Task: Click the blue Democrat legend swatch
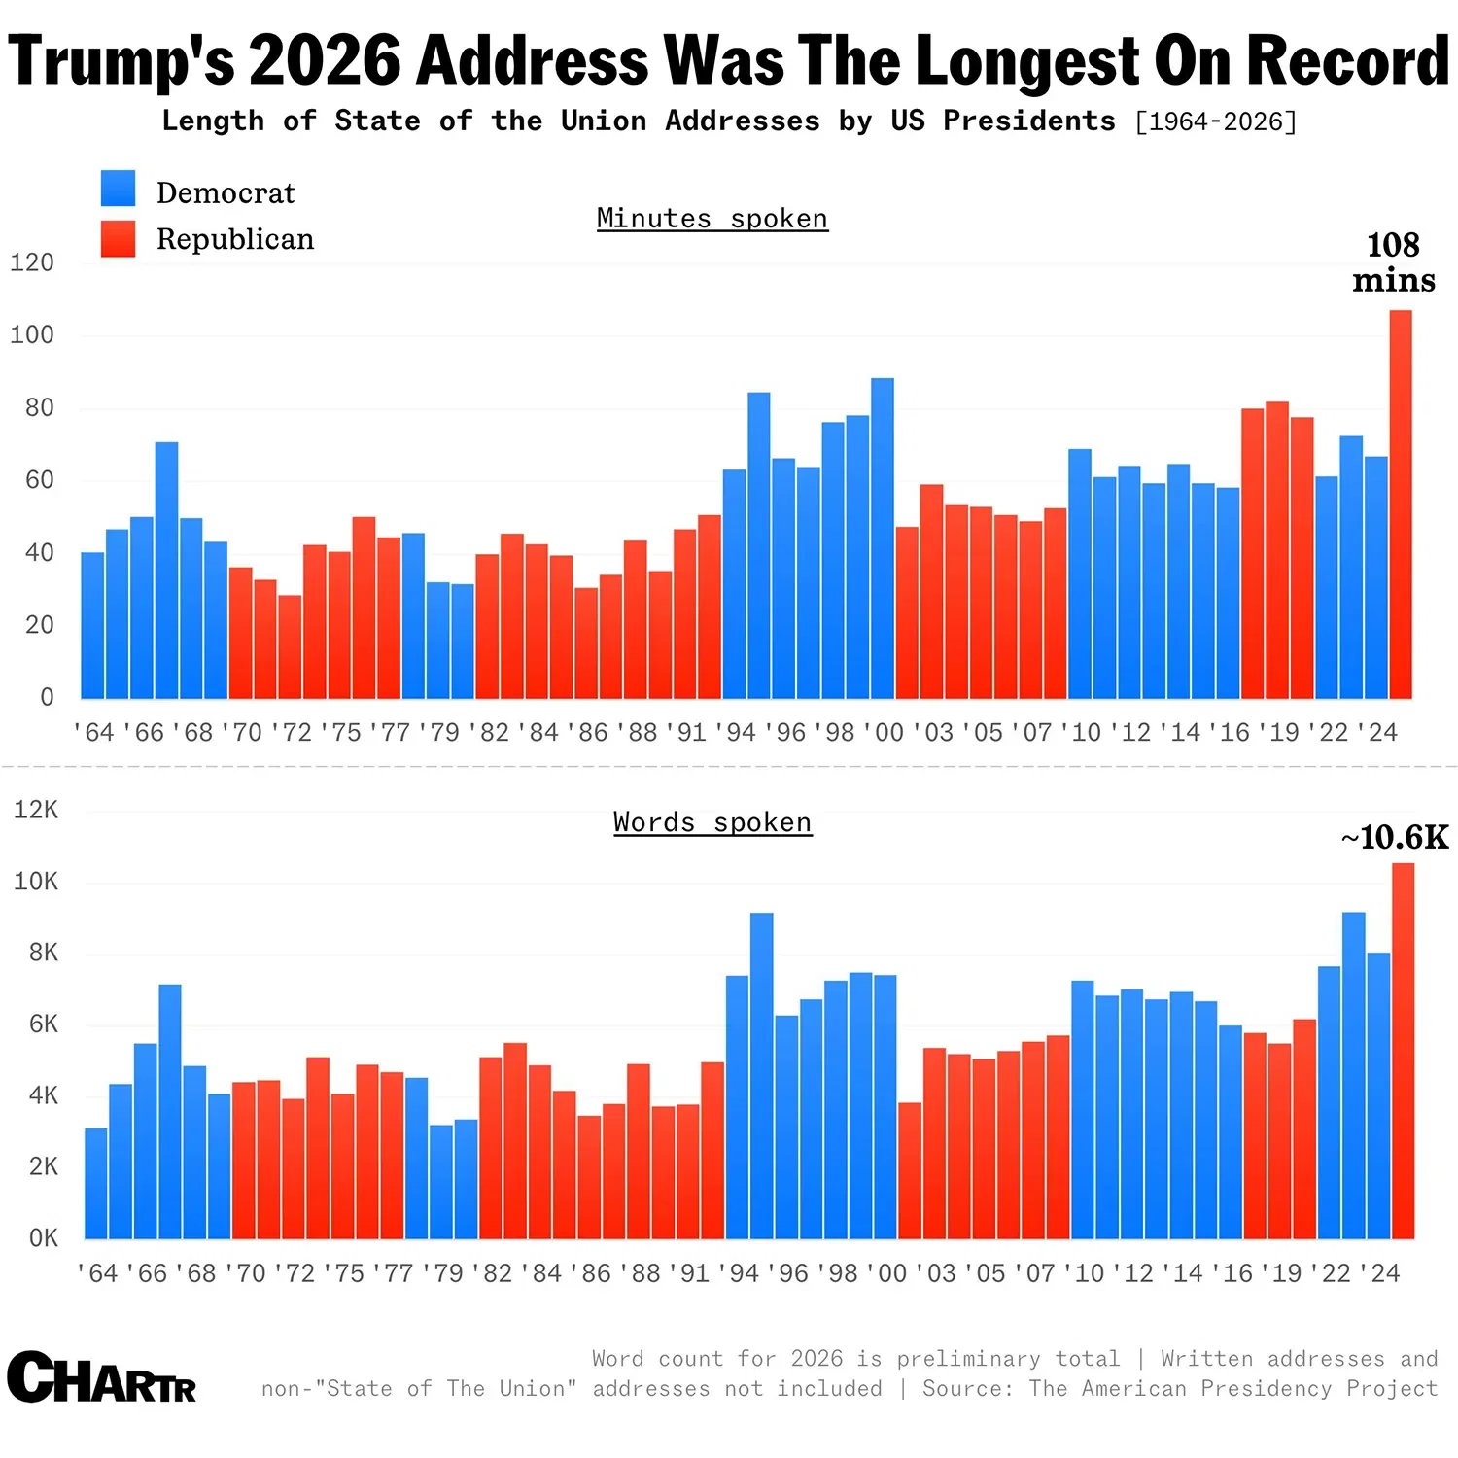[x=118, y=189]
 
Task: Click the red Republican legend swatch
[x=118, y=239]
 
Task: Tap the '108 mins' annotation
[x=1393, y=262]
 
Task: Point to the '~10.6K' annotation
[x=1394, y=837]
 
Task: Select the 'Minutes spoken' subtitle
[x=712, y=219]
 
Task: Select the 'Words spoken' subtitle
[x=712, y=822]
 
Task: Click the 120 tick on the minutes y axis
[x=32, y=262]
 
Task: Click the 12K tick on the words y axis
[x=36, y=810]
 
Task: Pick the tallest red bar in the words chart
[x=1403, y=1050]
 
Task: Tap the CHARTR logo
[x=102, y=1377]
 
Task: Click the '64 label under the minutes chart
[x=94, y=732]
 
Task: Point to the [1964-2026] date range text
[x=1216, y=121]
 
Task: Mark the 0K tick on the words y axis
[x=43, y=1238]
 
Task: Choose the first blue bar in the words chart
[x=95, y=1183]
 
